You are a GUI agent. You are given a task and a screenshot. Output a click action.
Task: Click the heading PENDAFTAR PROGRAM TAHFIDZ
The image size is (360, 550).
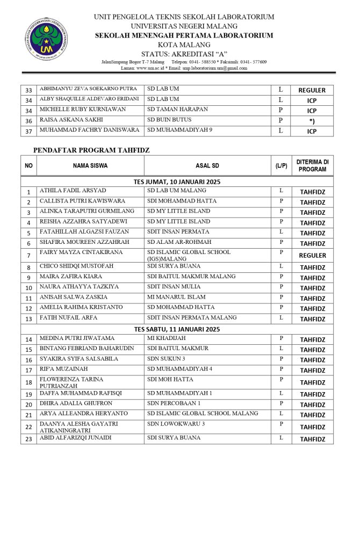pyautogui.click(x=91, y=150)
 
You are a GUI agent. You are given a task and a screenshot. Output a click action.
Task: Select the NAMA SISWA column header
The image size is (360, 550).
pyautogui.click(x=90, y=165)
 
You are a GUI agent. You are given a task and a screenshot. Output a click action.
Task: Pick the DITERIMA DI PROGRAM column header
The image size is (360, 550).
pyautogui.click(x=312, y=165)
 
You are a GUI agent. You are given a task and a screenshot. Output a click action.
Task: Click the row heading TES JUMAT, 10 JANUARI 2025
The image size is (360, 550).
pyautogui.click(x=177, y=182)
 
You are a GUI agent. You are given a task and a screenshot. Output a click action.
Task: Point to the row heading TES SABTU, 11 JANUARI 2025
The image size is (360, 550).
pyautogui.click(x=177, y=329)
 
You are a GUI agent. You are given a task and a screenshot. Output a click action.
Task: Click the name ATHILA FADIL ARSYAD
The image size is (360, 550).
pyautogui.click(x=73, y=191)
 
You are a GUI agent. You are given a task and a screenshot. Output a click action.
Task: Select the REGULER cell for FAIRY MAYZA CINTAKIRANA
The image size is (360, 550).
pyautogui.click(x=312, y=256)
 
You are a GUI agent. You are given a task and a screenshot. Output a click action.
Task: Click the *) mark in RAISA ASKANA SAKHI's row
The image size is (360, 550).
pyautogui.click(x=312, y=121)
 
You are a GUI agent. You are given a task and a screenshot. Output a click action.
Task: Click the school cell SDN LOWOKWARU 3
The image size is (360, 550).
pyautogui.click(x=176, y=424)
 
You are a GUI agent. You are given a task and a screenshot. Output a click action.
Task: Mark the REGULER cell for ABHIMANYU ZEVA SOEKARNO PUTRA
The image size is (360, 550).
pyautogui.click(x=312, y=90)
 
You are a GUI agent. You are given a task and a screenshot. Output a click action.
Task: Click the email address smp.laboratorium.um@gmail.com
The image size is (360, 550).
pyautogui.click(x=215, y=68)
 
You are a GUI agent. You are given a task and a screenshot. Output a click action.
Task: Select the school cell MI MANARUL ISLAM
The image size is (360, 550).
pyautogui.click(x=172, y=296)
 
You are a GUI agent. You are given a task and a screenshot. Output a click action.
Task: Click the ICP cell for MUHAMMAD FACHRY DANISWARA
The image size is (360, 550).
pyautogui.click(x=312, y=131)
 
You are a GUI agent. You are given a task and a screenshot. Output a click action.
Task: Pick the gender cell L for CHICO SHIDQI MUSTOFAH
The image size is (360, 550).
pyautogui.click(x=281, y=266)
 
